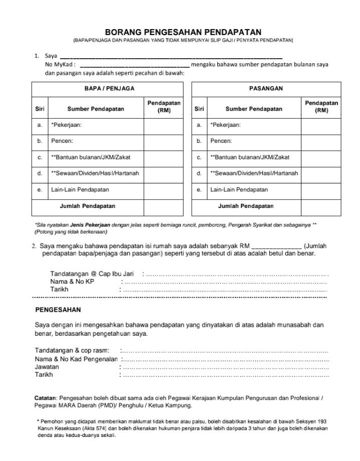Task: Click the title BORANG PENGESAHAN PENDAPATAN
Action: pos(183,32)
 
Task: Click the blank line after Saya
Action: pos(171,57)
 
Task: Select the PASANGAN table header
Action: pos(266,88)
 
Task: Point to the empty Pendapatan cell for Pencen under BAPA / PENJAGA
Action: pos(164,141)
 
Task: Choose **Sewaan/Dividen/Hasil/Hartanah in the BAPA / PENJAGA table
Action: pos(95,173)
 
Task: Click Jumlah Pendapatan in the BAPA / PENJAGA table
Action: pos(88,206)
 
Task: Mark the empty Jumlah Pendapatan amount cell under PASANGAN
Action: pos(321,206)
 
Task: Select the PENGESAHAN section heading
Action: pos(58,310)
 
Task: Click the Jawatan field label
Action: pos(47,367)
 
